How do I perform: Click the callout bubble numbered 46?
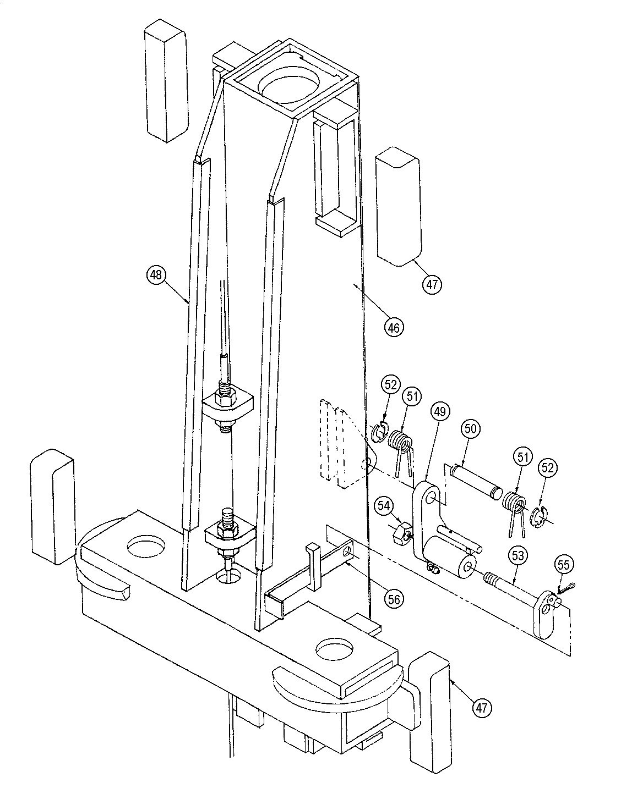click(x=394, y=327)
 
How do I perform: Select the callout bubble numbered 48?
click(x=156, y=274)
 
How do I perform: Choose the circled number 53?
click(x=519, y=556)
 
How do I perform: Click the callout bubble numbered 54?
click(x=384, y=504)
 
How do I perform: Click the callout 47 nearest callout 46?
click(x=432, y=284)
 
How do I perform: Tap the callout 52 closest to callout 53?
click(x=548, y=468)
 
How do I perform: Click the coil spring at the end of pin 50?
click(x=513, y=503)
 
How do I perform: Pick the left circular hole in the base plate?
click(x=145, y=548)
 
